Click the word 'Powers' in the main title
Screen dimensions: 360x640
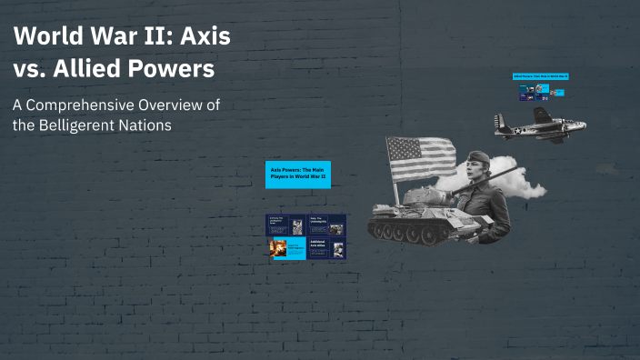click(x=169, y=69)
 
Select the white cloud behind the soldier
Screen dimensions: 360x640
click(x=526, y=185)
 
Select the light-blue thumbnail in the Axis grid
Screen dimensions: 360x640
click(x=283, y=245)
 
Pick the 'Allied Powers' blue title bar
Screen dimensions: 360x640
click(x=540, y=75)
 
